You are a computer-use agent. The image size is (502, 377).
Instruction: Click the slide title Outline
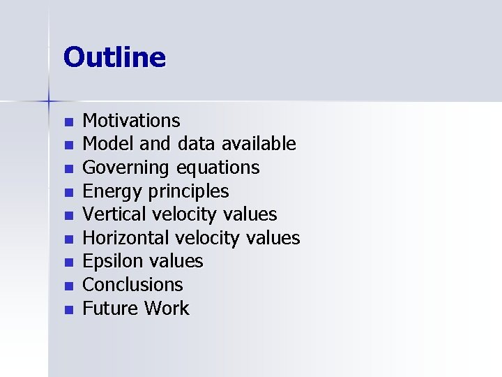[x=114, y=57]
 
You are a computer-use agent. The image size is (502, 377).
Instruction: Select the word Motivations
[x=131, y=121]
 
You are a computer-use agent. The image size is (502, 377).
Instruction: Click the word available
[x=259, y=145]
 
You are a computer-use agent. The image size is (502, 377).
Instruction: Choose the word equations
[x=218, y=168]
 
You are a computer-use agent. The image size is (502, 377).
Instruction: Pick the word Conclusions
[x=132, y=285]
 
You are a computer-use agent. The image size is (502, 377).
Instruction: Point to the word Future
[x=111, y=308]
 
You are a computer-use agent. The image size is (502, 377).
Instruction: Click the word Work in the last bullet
[x=167, y=308]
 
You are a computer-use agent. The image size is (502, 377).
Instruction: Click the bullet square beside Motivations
[x=68, y=123]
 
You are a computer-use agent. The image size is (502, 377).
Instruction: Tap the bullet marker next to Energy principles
[x=68, y=193]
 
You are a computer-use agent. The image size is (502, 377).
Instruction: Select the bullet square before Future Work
[x=68, y=309]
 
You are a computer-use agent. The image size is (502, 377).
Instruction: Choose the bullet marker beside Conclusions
[x=68, y=286]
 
